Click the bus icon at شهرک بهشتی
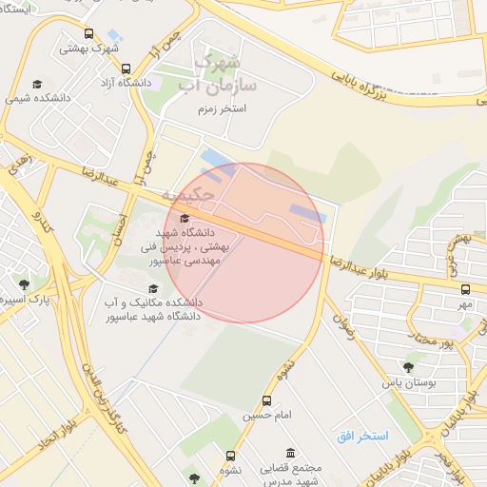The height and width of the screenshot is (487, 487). [x=88, y=34]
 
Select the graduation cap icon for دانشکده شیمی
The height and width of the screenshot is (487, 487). [x=36, y=84]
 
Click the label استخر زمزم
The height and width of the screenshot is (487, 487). [x=218, y=110]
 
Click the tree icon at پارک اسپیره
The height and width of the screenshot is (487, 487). [x=23, y=283]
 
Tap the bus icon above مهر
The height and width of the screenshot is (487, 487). [x=465, y=289]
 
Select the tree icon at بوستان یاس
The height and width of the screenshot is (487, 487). [x=408, y=366]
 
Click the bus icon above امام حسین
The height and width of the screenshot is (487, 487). [x=265, y=400]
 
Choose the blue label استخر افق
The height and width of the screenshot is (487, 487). [x=361, y=435]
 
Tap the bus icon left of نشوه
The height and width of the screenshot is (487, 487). [x=230, y=456]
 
